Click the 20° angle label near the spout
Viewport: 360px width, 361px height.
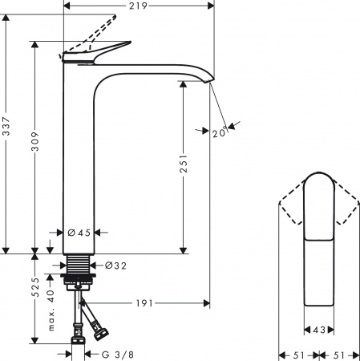[x=219, y=133]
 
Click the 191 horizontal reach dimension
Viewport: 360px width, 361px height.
[x=144, y=304]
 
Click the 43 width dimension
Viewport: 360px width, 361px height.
[x=319, y=330]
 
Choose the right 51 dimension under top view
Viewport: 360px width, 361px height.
[x=341, y=354]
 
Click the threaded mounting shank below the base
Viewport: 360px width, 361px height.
[x=79, y=266]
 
